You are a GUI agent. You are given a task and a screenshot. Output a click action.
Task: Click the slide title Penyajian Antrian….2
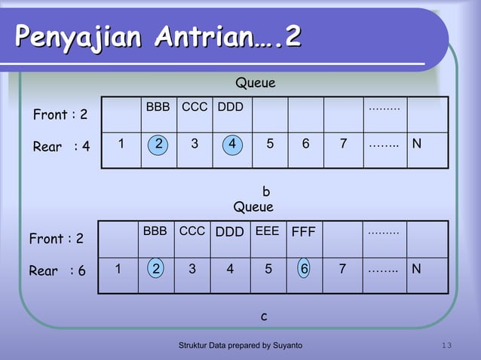tap(158, 36)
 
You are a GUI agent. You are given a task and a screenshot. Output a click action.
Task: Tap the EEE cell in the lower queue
tap(268, 232)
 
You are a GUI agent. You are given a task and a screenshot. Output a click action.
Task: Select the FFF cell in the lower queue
tap(303, 232)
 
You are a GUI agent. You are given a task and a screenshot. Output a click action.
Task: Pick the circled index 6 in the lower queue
tap(304, 269)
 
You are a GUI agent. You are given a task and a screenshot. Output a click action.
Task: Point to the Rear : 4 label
tap(61, 147)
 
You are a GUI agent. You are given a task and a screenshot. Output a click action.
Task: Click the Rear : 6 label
tap(57, 271)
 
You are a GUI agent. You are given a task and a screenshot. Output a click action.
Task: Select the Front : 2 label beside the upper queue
tap(60, 115)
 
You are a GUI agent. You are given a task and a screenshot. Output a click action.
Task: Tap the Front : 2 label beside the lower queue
tap(56, 239)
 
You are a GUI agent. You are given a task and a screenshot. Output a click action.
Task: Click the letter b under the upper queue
tap(265, 191)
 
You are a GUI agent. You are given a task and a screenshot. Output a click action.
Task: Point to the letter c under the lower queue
tap(264, 316)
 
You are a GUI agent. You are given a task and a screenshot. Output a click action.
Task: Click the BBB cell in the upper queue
tap(158, 108)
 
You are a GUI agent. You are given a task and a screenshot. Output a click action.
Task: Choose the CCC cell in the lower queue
tap(192, 232)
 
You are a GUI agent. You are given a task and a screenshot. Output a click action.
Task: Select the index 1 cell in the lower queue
tap(118, 269)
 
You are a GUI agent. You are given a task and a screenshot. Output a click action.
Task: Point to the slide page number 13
tap(446, 345)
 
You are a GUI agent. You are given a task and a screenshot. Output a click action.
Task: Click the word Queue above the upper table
tap(256, 83)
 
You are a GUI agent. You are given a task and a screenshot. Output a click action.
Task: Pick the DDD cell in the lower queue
tap(230, 232)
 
